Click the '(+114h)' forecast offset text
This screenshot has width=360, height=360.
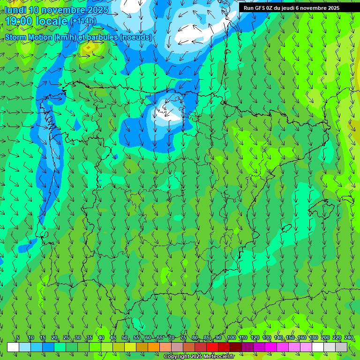pos(82,21)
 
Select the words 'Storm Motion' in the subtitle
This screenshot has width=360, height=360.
pos(28,37)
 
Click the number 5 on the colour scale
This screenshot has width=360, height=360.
pos(18,338)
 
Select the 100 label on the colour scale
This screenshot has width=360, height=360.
pos(232,338)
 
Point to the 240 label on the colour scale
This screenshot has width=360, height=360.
pos(349,338)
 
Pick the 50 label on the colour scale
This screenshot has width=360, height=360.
pos(125,338)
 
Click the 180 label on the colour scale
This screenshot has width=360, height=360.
pos(313,338)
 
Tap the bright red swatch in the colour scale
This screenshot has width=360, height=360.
pos(212,347)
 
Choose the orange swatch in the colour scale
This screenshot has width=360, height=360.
pos(154,347)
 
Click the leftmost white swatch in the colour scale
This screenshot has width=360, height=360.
pos(13,347)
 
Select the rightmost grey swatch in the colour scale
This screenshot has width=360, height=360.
pos(341,347)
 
